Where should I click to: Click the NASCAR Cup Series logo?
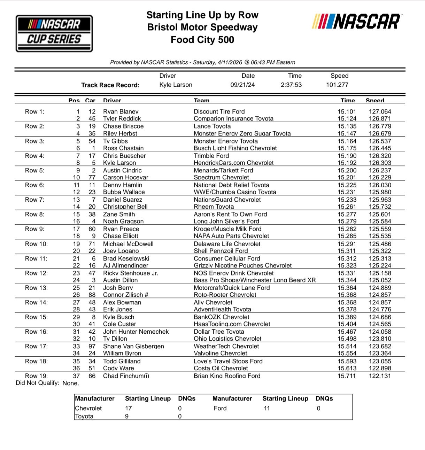pos(54,33)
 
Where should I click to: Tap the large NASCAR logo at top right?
pos(356,22)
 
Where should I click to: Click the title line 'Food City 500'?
pos(202,40)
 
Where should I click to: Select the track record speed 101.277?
pos(337,85)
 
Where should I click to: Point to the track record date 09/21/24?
pos(242,85)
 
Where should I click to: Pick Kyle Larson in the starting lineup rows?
pos(119,163)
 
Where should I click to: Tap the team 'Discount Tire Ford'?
pos(219,111)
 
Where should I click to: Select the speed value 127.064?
pos(380,111)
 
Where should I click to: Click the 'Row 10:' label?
pos(36,244)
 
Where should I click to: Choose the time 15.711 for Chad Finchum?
pos(347,376)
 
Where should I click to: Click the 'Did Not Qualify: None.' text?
pos(47,383)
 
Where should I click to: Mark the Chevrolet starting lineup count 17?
pos(129,408)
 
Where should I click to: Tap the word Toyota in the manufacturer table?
pos(84,416)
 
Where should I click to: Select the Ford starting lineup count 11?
pos(266,408)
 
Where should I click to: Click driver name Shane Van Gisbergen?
pos(133,346)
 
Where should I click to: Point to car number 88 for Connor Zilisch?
pos(92,295)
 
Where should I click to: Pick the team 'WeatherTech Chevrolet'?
pos(226,346)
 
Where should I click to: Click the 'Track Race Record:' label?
pos(110,85)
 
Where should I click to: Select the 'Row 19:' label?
pos(36,376)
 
